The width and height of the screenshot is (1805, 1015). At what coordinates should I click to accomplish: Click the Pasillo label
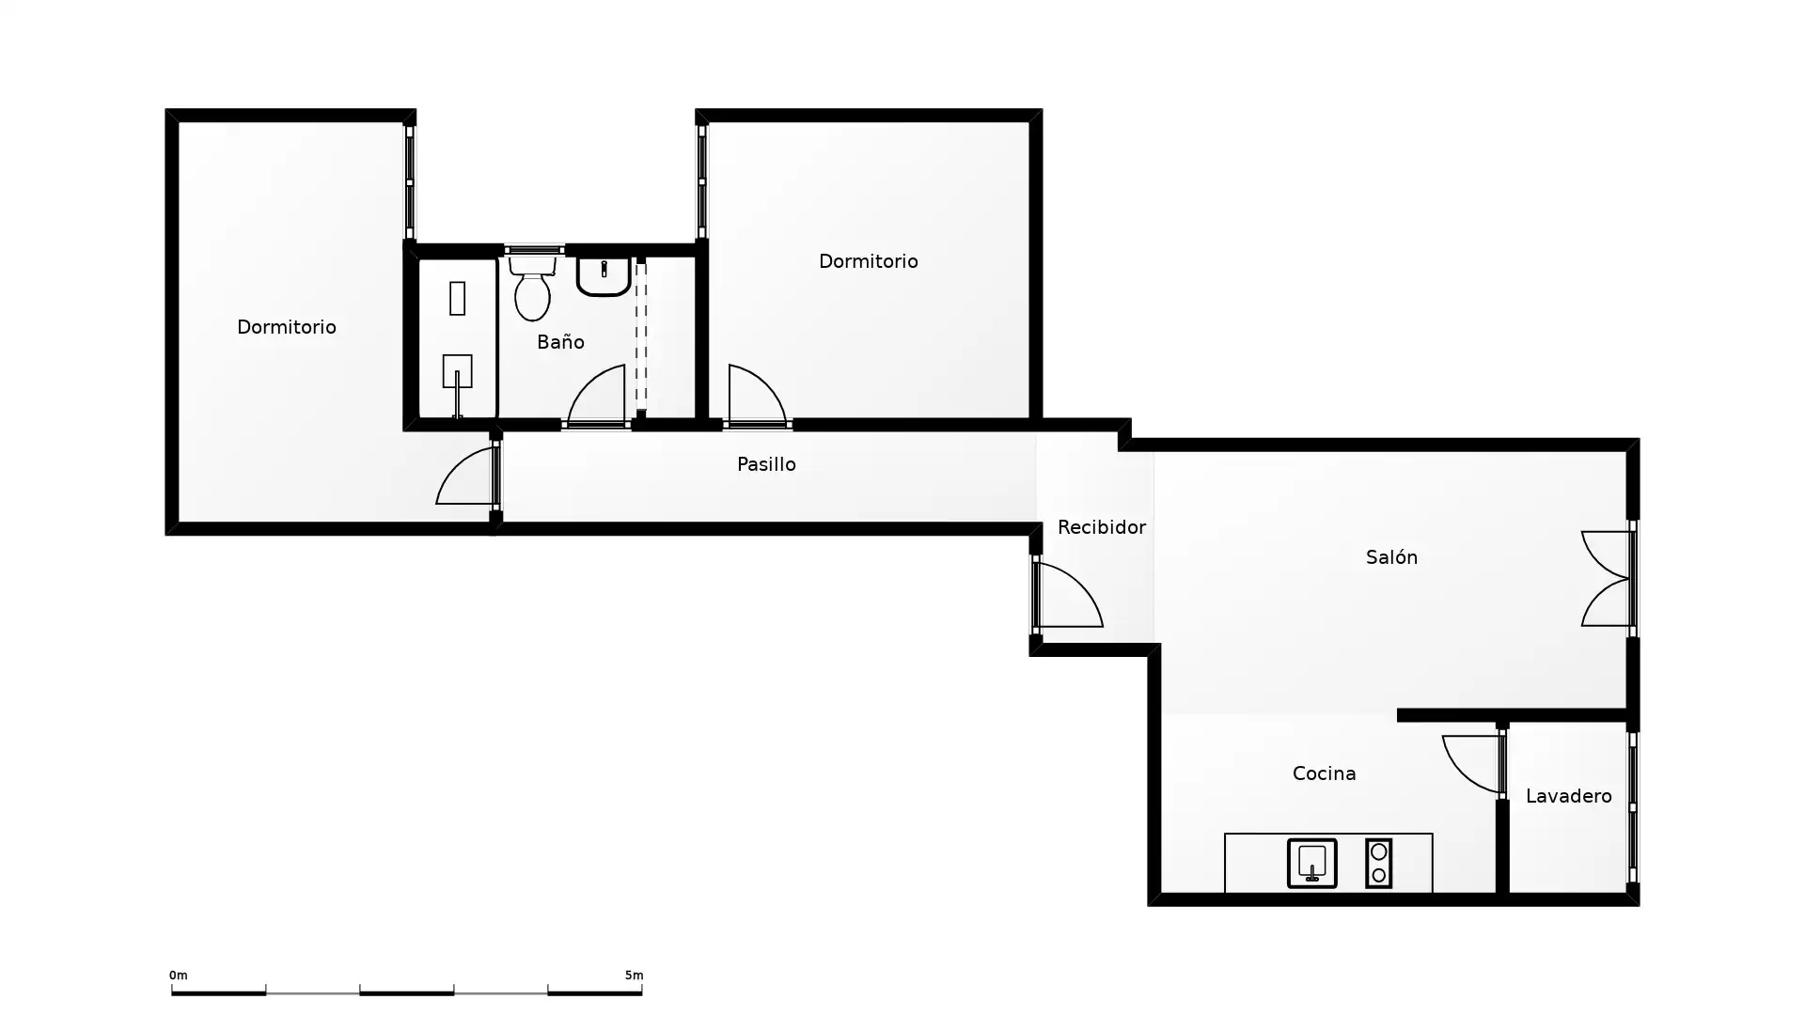click(766, 464)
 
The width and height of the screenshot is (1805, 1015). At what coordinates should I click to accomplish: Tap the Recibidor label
click(1101, 527)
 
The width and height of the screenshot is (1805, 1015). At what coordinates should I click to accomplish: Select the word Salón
click(1391, 557)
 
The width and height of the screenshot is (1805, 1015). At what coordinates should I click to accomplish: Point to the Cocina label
click(1324, 773)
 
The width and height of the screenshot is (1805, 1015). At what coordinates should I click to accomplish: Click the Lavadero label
click(1568, 796)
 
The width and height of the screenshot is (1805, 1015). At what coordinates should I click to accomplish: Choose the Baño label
click(560, 342)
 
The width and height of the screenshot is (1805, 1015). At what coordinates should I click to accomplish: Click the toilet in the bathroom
click(532, 288)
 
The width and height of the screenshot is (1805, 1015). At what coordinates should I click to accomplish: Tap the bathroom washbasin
click(604, 276)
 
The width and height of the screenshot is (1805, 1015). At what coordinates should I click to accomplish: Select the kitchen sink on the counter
click(1311, 863)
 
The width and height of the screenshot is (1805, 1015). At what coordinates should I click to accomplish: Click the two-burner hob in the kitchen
click(1378, 863)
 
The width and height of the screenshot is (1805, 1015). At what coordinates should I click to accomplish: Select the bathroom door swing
click(596, 396)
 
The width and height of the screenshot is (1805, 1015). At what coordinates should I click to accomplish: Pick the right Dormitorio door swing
click(757, 396)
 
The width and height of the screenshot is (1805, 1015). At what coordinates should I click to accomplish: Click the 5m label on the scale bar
click(635, 976)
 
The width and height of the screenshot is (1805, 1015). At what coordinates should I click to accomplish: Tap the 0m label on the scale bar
click(178, 976)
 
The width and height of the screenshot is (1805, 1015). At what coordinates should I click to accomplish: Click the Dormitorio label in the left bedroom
click(287, 327)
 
